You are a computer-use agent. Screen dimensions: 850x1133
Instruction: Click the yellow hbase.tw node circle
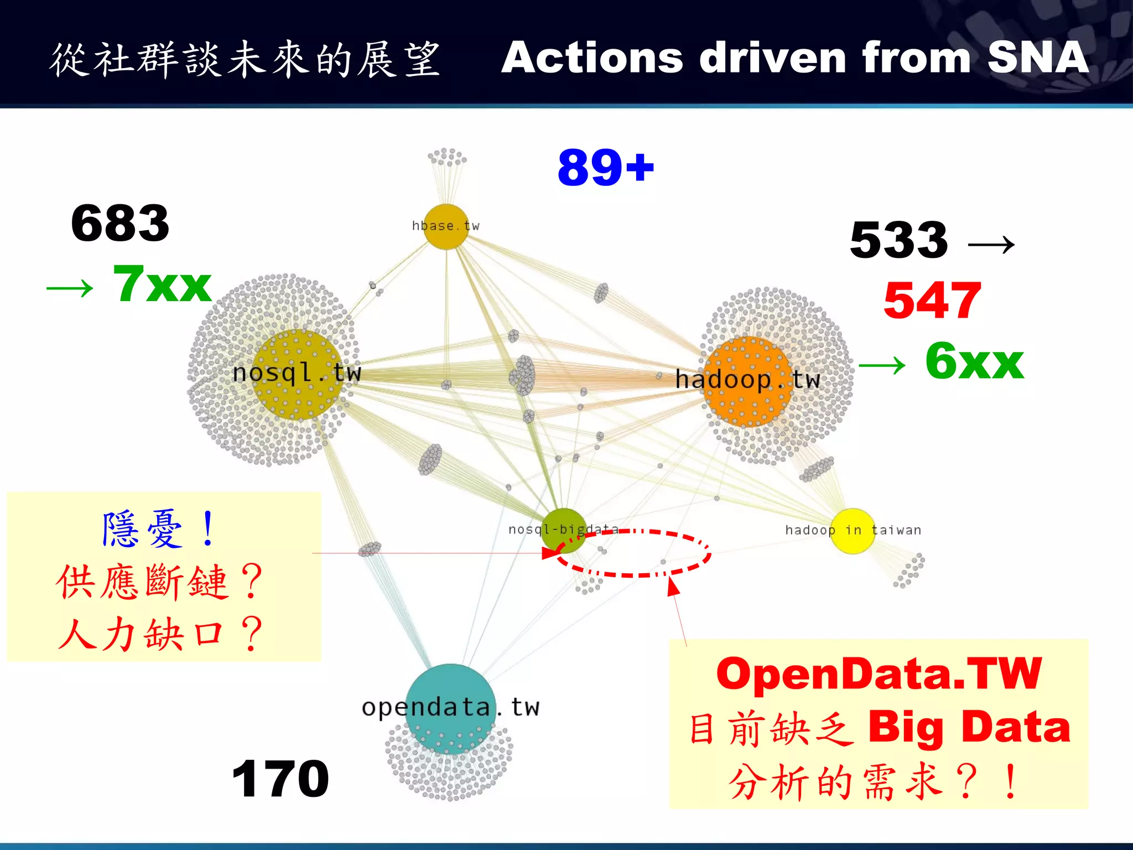pos(446,227)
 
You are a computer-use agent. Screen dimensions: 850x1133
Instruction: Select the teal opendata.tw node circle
pos(450,708)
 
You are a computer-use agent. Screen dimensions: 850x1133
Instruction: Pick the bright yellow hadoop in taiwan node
pos(852,531)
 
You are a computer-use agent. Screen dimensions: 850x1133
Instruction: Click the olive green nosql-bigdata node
pos(564,530)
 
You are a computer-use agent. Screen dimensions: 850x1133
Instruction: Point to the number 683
pos(120,224)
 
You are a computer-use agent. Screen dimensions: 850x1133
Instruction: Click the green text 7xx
pos(162,284)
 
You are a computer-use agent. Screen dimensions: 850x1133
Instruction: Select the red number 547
pos(932,300)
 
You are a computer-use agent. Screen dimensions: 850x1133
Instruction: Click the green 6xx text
pos(974,361)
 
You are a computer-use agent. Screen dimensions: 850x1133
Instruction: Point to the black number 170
pos(280,779)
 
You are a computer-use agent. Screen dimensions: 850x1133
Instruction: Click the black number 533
pos(899,240)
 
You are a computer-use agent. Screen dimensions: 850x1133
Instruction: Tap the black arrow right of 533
pos(991,244)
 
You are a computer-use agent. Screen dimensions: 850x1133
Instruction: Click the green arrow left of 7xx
pos(70,288)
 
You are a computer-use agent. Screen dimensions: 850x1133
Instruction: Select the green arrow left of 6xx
pos(882,366)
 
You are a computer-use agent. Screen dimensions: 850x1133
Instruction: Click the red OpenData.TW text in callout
pos(879,674)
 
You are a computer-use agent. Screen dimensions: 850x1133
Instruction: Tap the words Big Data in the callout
pos(969,727)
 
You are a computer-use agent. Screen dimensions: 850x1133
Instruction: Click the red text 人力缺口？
pos(160,634)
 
